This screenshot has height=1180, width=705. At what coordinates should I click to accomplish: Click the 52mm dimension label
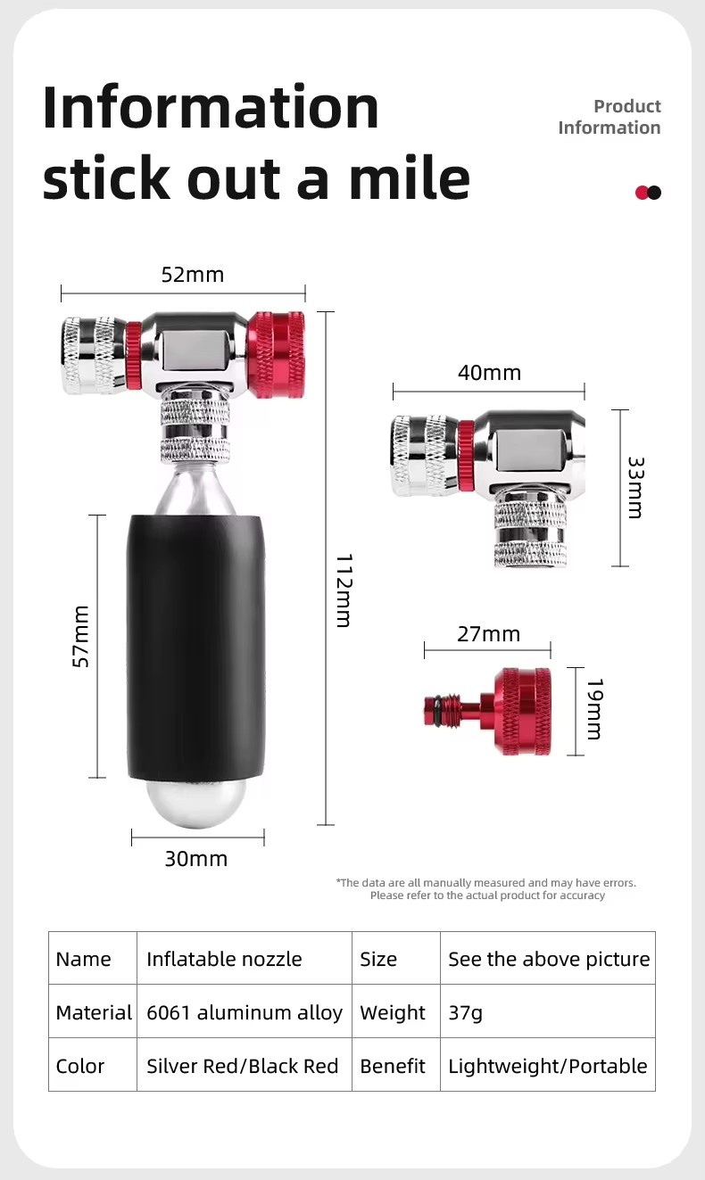(x=193, y=275)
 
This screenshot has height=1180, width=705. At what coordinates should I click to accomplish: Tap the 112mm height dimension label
(x=344, y=590)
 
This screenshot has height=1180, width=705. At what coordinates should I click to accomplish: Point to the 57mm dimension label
(x=80, y=636)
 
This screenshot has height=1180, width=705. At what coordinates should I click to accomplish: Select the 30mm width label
(x=196, y=859)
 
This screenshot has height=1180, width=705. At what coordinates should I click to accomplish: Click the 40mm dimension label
(x=490, y=373)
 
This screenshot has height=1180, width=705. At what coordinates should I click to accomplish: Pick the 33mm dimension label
(x=635, y=487)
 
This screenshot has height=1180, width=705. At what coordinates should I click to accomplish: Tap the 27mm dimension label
(x=488, y=634)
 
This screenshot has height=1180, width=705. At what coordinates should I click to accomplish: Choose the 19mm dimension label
(x=595, y=709)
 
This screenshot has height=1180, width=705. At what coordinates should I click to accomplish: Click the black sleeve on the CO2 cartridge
(x=196, y=648)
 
